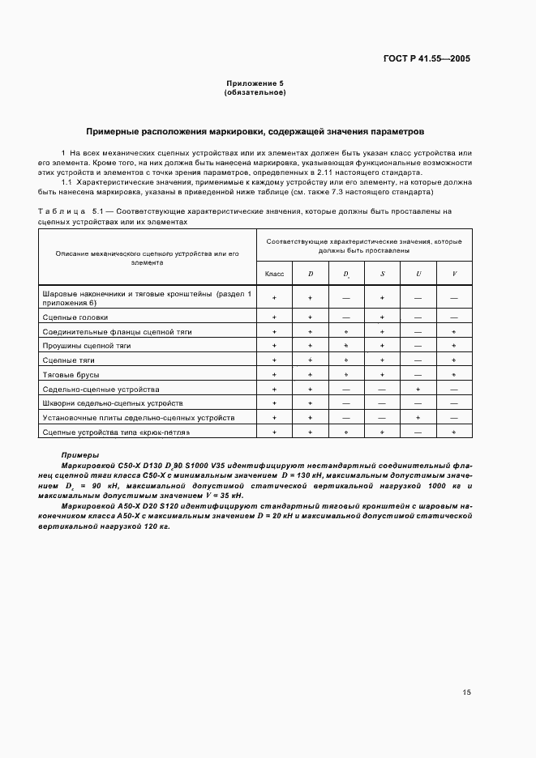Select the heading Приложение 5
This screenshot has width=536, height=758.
[x=255, y=84]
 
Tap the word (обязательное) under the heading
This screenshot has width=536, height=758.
[x=255, y=92]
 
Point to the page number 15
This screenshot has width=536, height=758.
[x=466, y=692]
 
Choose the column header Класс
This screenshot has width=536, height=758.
[x=274, y=274]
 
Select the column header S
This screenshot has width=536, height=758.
[x=382, y=274]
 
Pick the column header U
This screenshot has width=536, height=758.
[x=418, y=274]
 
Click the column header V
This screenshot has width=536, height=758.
[x=454, y=274]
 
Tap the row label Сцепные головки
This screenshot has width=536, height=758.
[x=75, y=317]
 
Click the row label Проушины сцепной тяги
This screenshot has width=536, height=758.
[x=87, y=346]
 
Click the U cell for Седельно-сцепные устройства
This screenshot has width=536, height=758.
[x=418, y=390]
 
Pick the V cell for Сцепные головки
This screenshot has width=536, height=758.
[x=454, y=317]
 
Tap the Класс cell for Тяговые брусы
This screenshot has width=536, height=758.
[x=274, y=375]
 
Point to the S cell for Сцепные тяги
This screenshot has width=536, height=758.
[x=382, y=360]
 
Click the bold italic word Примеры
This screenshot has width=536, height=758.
[x=80, y=456]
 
